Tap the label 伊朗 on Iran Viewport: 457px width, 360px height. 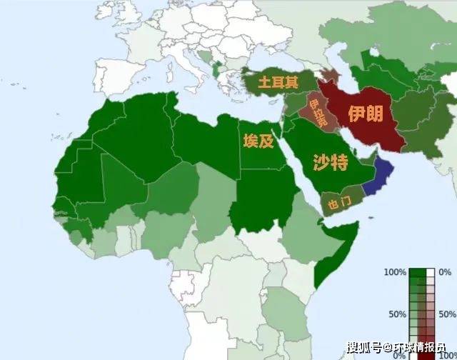pyautogui.click(x=365, y=114)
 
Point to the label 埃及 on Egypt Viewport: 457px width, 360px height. pyautogui.click(x=258, y=141)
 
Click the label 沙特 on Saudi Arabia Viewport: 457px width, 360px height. pyautogui.click(x=330, y=163)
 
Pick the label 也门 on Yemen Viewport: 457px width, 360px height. pyautogui.click(x=336, y=204)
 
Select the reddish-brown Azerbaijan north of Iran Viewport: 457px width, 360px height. pyautogui.click(x=330, y=76)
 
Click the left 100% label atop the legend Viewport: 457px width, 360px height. pyautogui.click(x=394, y=272)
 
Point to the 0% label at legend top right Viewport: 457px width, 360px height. pyautogui.click(x=446, y=272)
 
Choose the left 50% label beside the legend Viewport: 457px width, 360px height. pyautogui.click(x=396, y=314)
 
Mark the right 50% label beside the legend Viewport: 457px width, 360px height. pyautogui.click(x=447, y=314)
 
